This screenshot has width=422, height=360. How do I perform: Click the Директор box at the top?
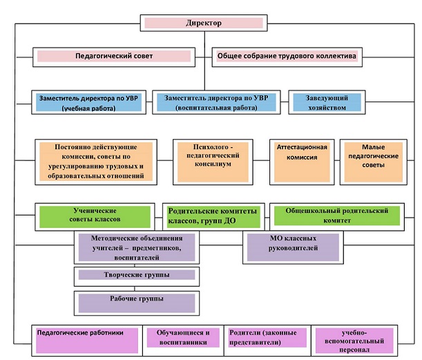pyautogui.click(x=204, y=23)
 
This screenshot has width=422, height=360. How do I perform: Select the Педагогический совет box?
pyautogui.click(x=114, y=57)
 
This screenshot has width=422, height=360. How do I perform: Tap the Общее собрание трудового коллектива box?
pyautogui.click(x=287, y=57)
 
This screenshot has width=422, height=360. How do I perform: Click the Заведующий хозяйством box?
pyautogui.click(x=327, y=102)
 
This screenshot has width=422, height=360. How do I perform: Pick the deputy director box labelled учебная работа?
pyautogui.click(x=89, y=102)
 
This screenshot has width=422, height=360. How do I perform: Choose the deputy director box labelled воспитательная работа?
pyautogui.click(x=216, y=102)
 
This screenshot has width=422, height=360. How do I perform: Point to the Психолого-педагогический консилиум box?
pyautogui.click(x=213, y=162)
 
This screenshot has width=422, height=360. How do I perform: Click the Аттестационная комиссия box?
pyautogui.click(x=302, y=162)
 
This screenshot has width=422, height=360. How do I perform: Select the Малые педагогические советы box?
pyautogui.click(x=374, y=162)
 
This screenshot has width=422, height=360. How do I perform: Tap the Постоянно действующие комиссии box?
pyautogui.click(x=96, y=162)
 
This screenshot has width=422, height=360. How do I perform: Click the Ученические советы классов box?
pyautogui.click(x=95, y=217)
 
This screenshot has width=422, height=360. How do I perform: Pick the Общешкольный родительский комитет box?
pyautogui.click(x=337, y=217)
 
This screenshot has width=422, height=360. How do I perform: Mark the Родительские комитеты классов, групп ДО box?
pyautogui.click(x=213, y=217)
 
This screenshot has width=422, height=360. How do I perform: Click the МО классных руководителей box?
pyautogui.click(x=293, y=247)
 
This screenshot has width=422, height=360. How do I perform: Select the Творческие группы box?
pyautogui.click(x=137, y=276)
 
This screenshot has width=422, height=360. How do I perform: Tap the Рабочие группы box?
pyautogui.click(x=137, y=303)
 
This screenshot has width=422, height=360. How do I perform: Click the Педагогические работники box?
pyautogui.click(x=87, y=341)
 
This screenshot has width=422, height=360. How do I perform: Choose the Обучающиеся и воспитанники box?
pyautogui.click(x=183, y=341)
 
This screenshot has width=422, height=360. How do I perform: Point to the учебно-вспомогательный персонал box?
pyautogui.click(x=354, y=341)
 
